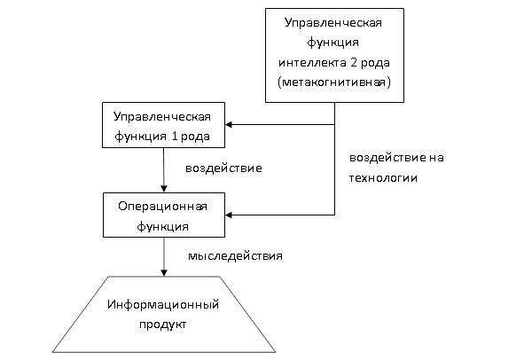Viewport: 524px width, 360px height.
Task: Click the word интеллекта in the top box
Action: pos(312,63)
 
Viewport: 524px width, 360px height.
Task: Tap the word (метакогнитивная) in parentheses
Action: pos(334,82)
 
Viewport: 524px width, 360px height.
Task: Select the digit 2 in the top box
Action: pos(354,62)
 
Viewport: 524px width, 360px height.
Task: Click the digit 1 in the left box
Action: pos(174,136)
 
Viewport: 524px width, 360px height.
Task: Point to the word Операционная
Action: pos(163,207)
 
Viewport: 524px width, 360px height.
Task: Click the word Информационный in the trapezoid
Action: pos(163,304)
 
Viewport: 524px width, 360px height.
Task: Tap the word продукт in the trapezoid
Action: pos(163,325)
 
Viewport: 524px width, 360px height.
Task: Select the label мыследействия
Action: pos(235,256)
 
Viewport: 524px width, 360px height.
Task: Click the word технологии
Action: pos(383,178)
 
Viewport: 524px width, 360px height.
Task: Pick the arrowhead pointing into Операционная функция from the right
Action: pos(229,215)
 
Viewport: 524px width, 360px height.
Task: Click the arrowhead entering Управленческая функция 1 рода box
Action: pos(229,125)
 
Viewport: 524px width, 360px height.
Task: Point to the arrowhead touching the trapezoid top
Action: pos(164,273)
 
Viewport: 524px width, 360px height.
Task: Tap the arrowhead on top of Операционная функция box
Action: pos(164,189)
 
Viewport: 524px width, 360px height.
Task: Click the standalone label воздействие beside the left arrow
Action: pos(223,168)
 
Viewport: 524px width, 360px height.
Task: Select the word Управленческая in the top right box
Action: pos(333,23)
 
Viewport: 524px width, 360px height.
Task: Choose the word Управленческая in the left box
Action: pos(162,117)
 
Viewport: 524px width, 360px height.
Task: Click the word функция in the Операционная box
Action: pos(163,226)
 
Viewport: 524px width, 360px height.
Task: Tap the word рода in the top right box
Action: pos(375,63)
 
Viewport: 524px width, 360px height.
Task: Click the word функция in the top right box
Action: pos(333,43)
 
